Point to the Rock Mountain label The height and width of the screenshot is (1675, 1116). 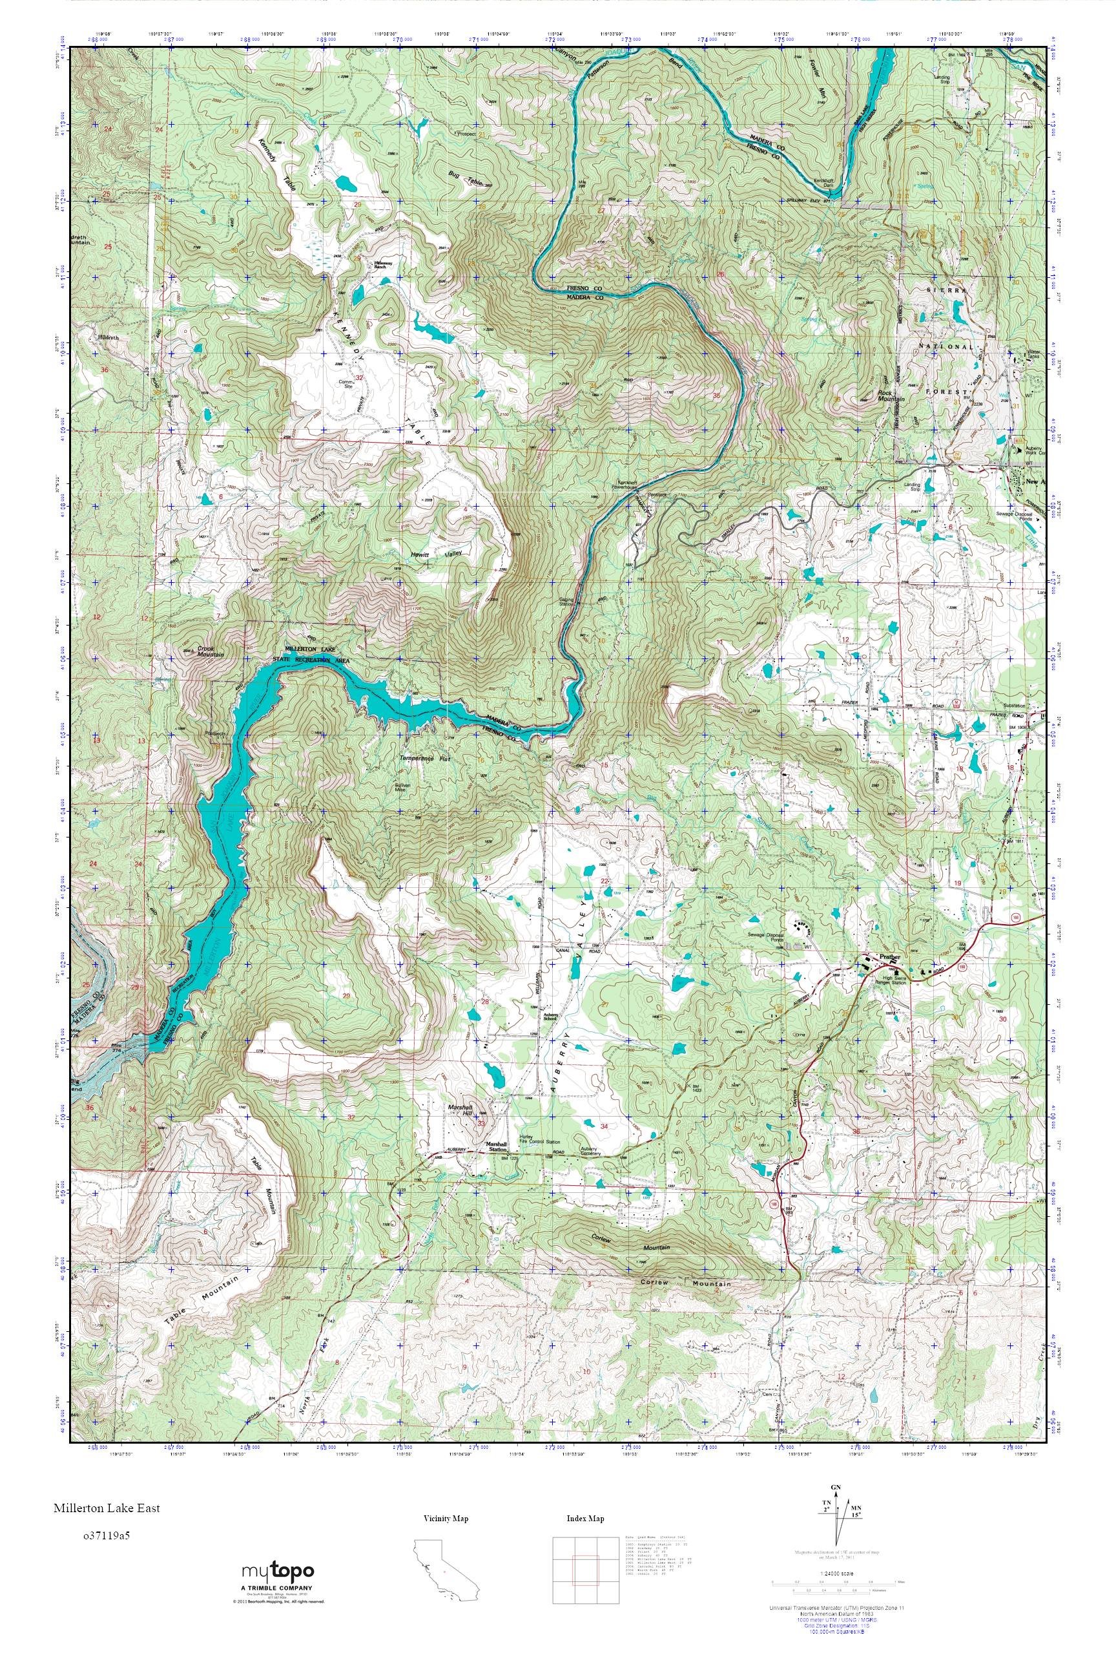tap(890, 395)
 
